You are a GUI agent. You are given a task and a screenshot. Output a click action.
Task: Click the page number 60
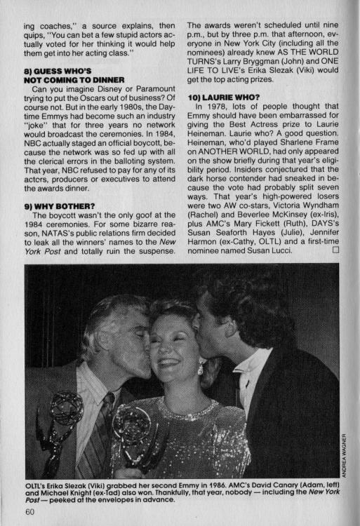[x=29, y=511]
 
